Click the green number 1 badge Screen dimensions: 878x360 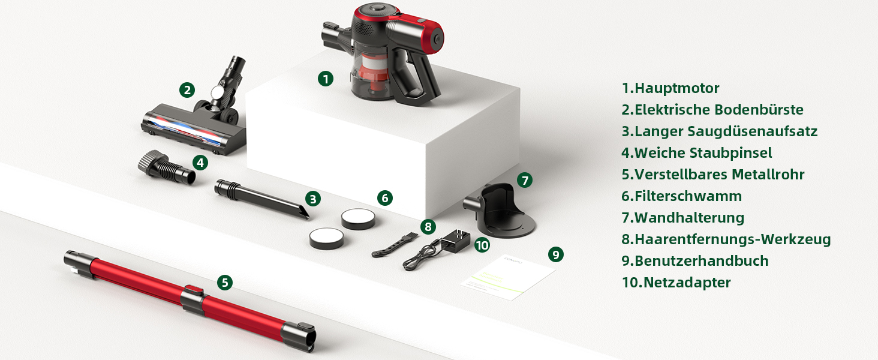[325, 79]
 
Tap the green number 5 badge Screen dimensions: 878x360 [224, 283]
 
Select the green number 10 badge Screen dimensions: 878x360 [482, 245]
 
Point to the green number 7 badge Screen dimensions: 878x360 [524, 180]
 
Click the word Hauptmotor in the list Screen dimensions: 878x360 [677, 88]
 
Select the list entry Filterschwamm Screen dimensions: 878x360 [682, 196]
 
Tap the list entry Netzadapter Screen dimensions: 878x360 [676, 283]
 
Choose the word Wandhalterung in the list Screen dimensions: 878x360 [689, 218]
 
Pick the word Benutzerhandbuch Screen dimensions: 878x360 [702, 261]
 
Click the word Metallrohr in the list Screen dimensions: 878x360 [768, 175]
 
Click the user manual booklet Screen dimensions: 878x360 [508, 277]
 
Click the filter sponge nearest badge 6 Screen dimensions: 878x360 [358, 219]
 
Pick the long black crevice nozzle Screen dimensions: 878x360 [261, 198]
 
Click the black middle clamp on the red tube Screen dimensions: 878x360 [193, 301]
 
